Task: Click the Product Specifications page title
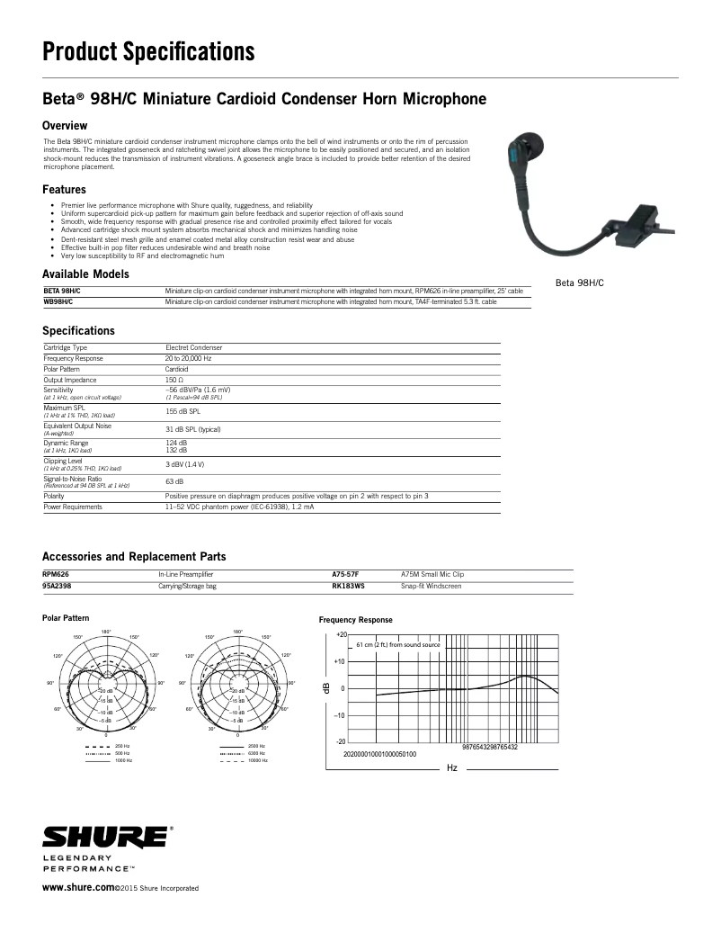click(149, 52)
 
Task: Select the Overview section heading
click(65, 125)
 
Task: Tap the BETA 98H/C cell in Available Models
click(62, 292)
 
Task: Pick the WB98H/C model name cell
click(58, 302)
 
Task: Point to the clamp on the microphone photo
click(639, 220)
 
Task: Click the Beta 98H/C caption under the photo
click(580, 283)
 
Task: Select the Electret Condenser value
click(193, 347)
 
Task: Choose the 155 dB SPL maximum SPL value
click(182, 410)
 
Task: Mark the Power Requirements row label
click(73, 507)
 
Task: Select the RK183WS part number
click(348, 586)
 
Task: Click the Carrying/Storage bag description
click(187, 586)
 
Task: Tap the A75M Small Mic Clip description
click(432, 574)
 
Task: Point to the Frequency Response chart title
click(356, 620)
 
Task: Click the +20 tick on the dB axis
click(340, 634)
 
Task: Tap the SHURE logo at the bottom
click(105, 837)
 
